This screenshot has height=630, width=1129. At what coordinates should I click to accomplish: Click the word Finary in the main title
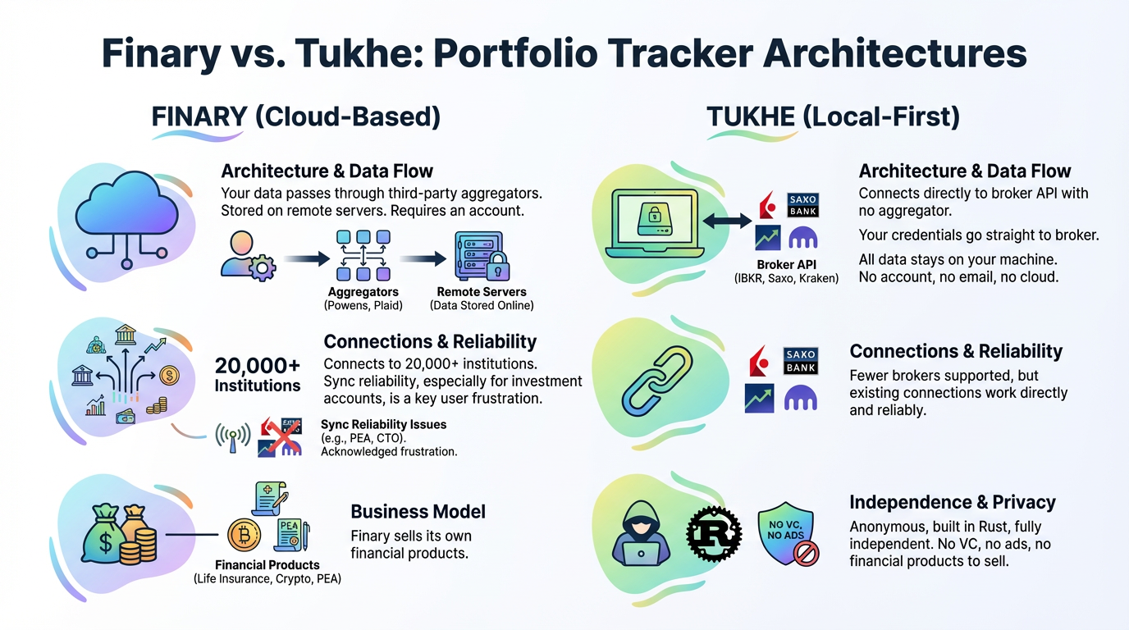tap(162, 53)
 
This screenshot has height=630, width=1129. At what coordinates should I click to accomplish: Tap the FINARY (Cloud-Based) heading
tap(296, 116)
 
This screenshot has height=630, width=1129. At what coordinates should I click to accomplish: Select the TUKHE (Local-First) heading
tap(833, 116)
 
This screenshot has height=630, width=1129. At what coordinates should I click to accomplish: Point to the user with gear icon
tap(248, 256)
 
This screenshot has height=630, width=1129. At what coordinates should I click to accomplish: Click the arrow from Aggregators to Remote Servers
tap(423, 259)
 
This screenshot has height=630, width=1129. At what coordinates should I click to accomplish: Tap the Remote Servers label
tap(482, 292)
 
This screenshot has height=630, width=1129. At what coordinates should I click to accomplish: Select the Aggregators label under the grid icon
tap(363, 292)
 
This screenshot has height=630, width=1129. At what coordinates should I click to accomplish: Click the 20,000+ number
tap(257, 365)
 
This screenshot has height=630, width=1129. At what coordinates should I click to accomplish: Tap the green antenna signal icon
tap(233, 436)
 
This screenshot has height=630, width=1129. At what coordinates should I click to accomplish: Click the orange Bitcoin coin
tap(244, 535)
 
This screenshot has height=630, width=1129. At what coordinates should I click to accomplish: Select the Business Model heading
tap(418, 512)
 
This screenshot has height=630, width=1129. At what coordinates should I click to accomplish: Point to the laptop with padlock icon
tap(654, 223)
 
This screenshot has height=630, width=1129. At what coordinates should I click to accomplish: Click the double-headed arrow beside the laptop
tap(727, 220)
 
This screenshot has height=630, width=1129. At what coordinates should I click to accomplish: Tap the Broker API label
tap(786, 265)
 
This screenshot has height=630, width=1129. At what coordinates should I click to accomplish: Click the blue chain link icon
tap(657, 381)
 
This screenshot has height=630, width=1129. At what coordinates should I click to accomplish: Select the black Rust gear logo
tap(714, 534)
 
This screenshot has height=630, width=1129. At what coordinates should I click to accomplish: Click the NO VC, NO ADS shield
tap(788, 534)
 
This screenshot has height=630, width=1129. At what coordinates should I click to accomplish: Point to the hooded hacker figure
tap(641, 533)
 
